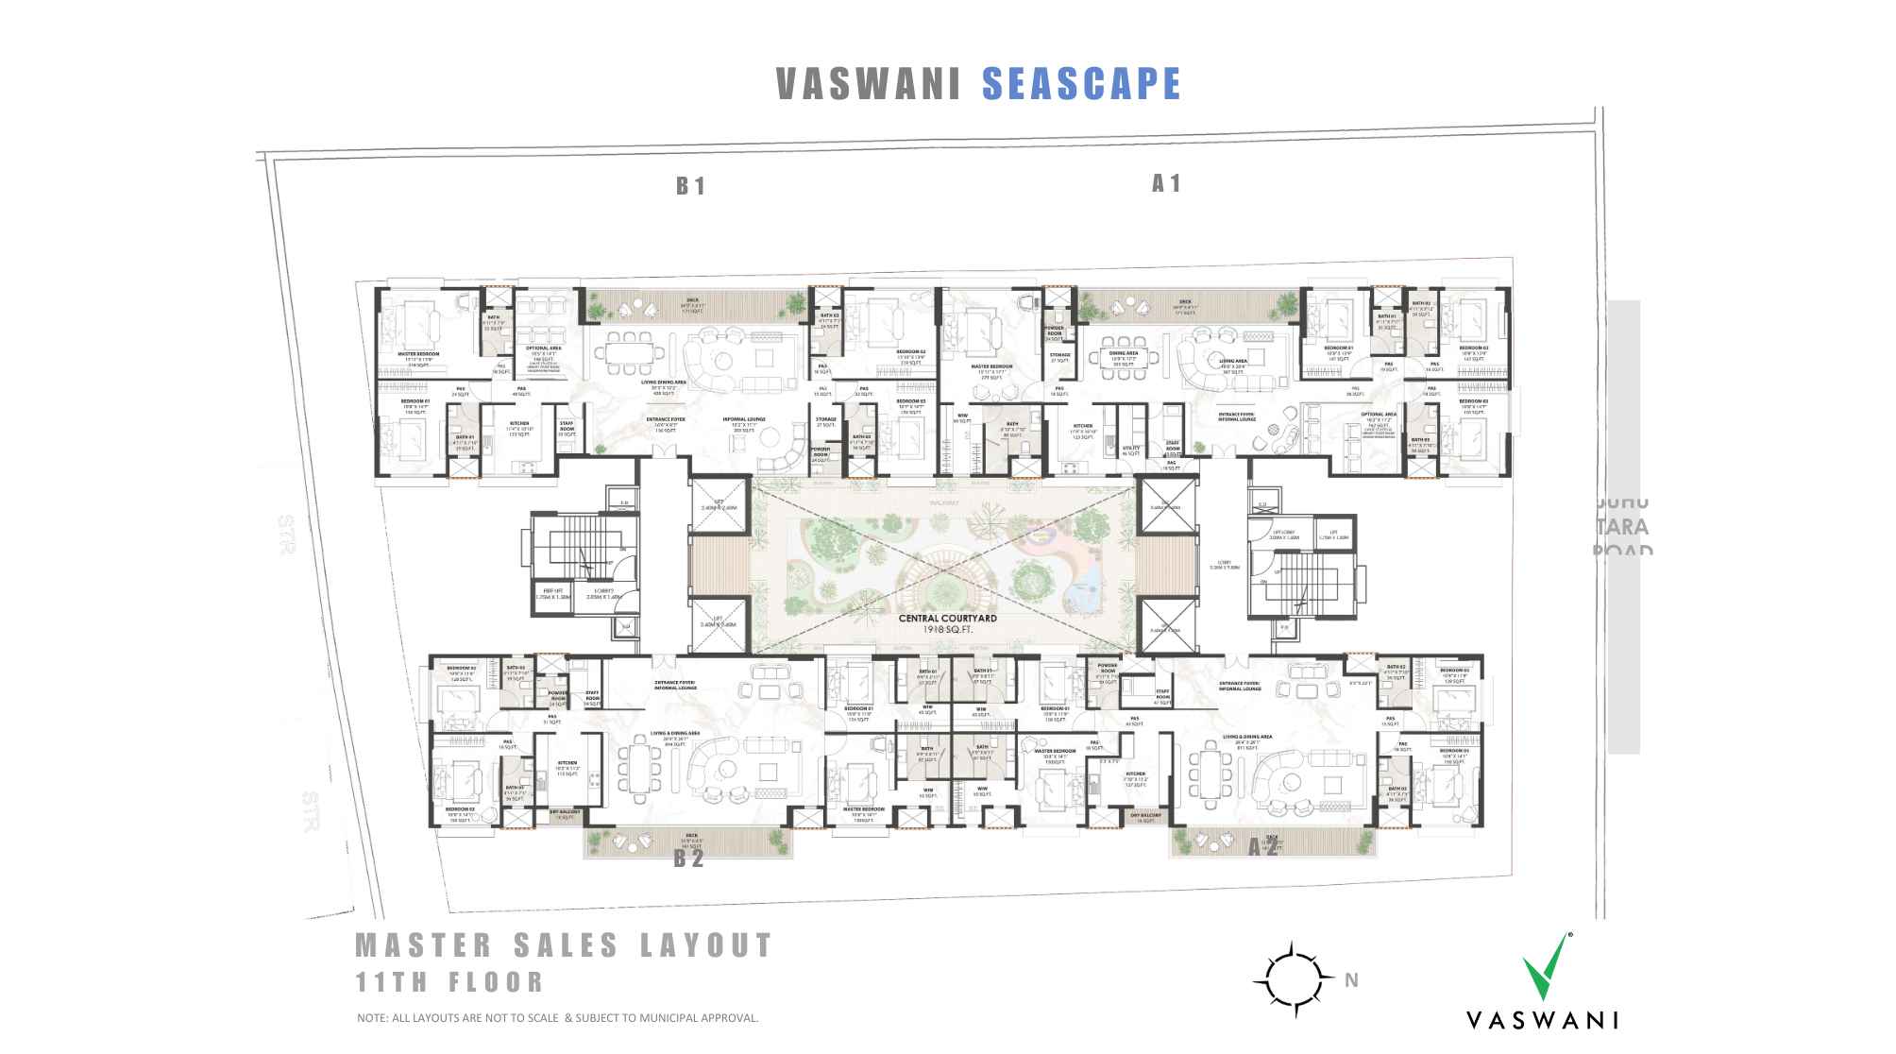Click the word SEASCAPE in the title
coord(1081,84)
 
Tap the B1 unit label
coord(690,186)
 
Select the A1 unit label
coord(1166,183)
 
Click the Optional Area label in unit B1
coord(544,348)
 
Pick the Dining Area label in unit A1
coord(1124,353)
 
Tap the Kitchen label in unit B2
coord(567,763)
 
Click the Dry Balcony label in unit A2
coord(1146,815)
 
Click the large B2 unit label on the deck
coord(689,859)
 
